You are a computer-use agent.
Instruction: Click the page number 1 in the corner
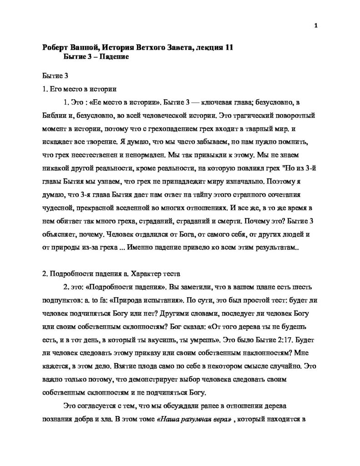[x=315, y=25]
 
